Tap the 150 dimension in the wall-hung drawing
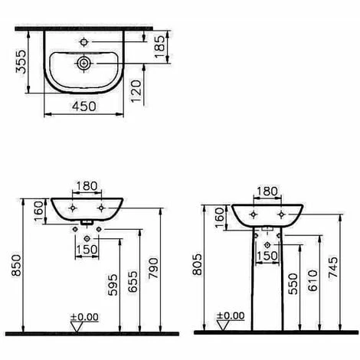click(x=87, y=248)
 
